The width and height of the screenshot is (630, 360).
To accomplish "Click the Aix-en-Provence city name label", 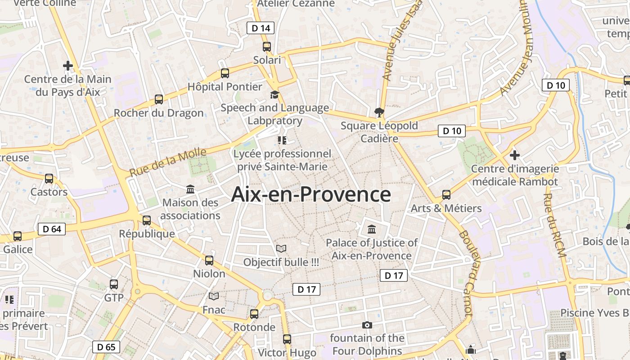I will click(311, 194).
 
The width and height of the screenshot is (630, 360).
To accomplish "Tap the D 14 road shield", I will click(261, 28).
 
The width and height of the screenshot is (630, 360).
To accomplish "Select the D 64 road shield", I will click(52, 229).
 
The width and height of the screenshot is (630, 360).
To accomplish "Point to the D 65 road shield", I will click(106, 346).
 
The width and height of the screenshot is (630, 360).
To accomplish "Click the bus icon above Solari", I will click(267, 46).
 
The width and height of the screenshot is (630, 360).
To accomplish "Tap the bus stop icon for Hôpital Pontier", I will click(225, 73).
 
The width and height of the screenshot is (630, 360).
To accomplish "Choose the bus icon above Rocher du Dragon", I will click(158, 99).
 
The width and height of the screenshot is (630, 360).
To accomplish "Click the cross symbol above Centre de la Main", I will click(68, 66).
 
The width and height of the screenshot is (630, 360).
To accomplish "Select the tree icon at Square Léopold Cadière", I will click(379, 112).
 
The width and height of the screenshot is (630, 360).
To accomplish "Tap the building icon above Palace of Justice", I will click(372, 229).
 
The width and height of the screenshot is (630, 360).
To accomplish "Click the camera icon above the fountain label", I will click(367, 325).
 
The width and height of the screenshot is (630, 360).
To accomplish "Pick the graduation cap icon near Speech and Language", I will click(274, 94).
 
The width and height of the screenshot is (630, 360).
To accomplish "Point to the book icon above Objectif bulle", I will click(281, 248).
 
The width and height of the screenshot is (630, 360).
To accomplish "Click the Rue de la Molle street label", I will click(168, 162).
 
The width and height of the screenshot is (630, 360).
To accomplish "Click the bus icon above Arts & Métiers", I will click(446, 195).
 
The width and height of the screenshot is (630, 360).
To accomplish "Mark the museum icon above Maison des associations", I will click(190, 189).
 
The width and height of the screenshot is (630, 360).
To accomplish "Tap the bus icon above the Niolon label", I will click(209, 260).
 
